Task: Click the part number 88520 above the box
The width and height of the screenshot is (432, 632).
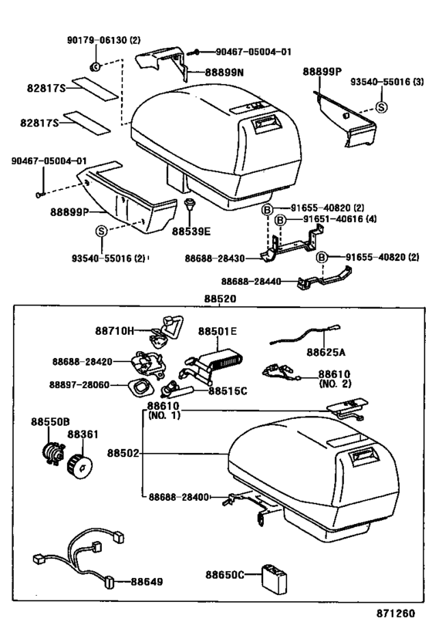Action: (220, 299)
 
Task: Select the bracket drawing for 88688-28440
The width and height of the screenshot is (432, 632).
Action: (323, 277)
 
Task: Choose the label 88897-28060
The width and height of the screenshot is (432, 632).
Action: (81, 384)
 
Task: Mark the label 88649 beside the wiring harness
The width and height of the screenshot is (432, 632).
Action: (146, 581)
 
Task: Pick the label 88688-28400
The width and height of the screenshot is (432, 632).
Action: (179, 497)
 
